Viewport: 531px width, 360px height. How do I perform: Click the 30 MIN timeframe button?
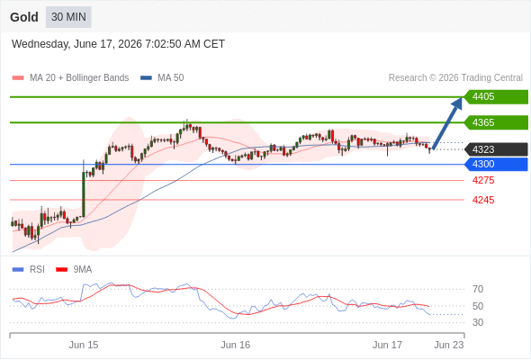[68, 17]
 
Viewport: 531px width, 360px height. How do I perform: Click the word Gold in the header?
[24, 17]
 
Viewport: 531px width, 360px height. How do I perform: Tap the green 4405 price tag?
[496, 97]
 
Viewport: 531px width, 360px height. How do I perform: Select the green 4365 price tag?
[496, 122]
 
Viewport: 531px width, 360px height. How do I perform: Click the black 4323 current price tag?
[496, 149]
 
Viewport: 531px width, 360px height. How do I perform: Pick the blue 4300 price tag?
[496, 165]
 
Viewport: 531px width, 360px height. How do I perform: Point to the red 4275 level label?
[483, 180]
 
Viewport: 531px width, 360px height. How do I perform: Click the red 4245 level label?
[483, 200]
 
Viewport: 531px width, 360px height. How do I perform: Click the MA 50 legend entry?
[162, 78]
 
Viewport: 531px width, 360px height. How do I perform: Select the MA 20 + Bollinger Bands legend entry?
[70, 78]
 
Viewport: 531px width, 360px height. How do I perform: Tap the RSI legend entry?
[29, 270]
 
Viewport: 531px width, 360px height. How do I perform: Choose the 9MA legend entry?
[74, 270]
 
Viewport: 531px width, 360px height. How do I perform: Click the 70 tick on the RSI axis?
[478, 289]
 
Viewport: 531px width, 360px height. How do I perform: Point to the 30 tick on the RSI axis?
[478, 322]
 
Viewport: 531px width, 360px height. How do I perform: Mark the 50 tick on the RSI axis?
[478, 306]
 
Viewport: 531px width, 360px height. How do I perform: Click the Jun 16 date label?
[236, 345]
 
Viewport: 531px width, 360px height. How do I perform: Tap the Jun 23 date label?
[449, 345]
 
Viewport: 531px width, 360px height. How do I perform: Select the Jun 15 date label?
[84, 345]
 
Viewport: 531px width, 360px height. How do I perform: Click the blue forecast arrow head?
[458, 103]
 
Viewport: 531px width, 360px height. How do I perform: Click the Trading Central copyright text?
[455, 78]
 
